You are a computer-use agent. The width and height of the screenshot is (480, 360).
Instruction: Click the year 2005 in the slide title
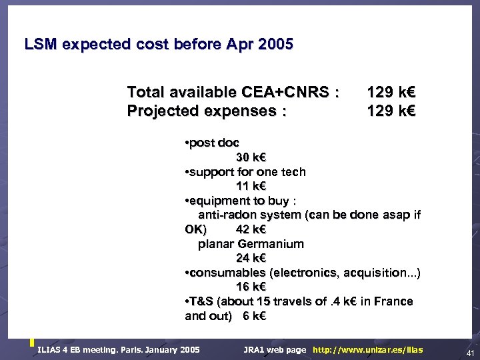[x=275, y=45]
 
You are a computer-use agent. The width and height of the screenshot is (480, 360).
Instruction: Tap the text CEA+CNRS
[x=287, y=92]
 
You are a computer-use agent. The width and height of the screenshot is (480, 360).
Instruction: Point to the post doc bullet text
[x=214, y=143]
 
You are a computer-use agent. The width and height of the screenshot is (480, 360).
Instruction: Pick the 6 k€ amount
[x=254, y=316]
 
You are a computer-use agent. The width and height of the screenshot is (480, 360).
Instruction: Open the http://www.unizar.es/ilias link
[x=367, y=350]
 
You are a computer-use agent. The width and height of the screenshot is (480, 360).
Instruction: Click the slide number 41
[x=470, y=352]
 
